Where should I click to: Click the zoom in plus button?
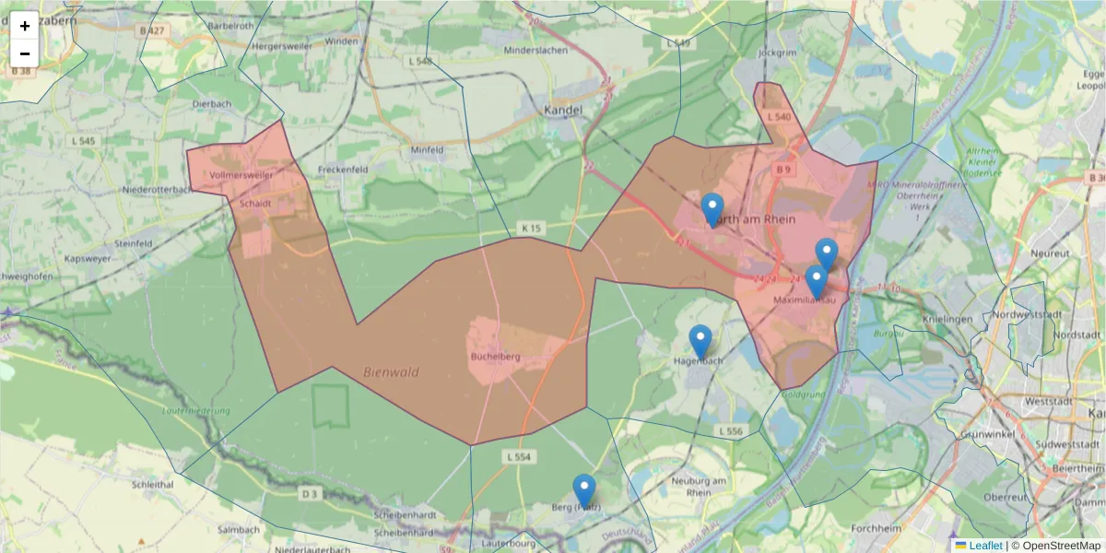coord(25,26)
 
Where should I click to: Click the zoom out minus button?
coord(25,53)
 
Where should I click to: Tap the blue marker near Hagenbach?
coord(700,342)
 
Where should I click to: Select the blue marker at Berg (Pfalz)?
coord(583,491)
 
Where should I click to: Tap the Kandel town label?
coord(564,111)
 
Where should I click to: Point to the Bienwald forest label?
coord(391,372)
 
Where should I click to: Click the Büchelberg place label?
coord(496,356)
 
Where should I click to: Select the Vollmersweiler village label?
coord(241,174)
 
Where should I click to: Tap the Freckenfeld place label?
coord(343,171)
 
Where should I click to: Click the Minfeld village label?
coord(427,149)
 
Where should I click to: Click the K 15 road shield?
coord(530,227)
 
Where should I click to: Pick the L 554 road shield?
coord(519,456)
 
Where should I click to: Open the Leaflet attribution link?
coord(985,546)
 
